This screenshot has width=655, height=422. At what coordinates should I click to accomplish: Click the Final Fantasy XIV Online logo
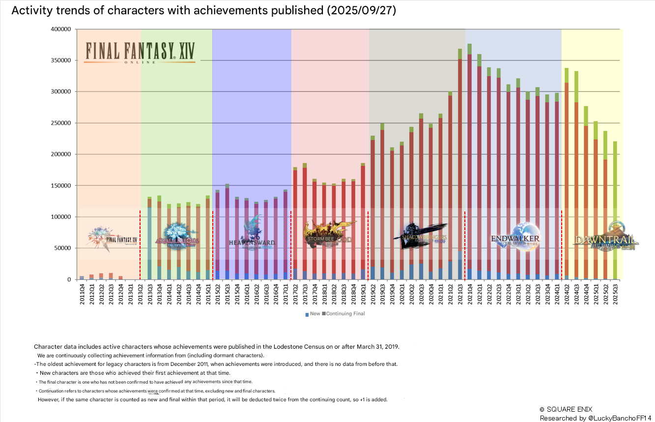[x=140, y=52]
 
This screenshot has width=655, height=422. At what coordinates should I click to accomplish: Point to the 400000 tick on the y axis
[x=61, y=30]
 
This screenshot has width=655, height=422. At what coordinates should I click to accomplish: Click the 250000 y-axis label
[x=61, y=123]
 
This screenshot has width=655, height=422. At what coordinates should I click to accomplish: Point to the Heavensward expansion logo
[x=252, y=235]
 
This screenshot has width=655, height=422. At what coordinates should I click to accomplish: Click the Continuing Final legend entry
[x=344, y=314]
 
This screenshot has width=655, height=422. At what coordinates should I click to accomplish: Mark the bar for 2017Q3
[x=305, y=221]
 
